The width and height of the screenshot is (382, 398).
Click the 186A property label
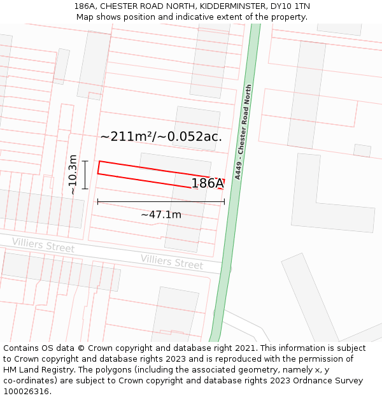coord(207,183)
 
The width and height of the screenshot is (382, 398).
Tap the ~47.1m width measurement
coord(161,215)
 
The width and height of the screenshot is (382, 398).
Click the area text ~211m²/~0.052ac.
coord(161,136)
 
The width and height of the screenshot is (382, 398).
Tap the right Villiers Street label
coord(172,262)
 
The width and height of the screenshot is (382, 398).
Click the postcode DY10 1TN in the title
coord(290,6)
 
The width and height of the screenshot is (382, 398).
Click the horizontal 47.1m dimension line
coord(127,202)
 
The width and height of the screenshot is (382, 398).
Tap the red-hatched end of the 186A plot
coord(218,183)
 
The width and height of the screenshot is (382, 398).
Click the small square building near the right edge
coord(362,151)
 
